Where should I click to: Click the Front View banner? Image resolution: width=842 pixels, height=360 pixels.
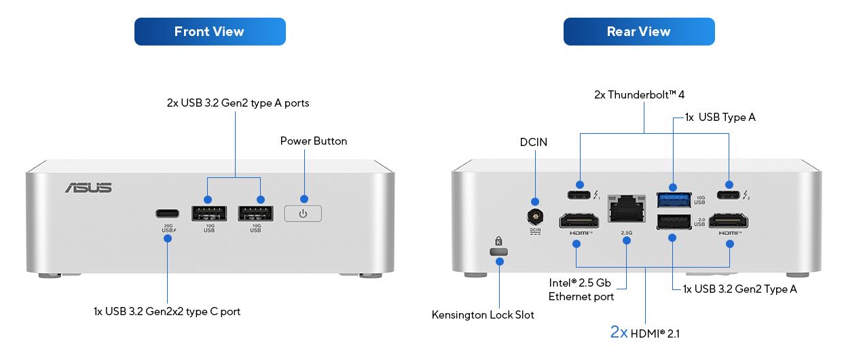[x=210, y=32]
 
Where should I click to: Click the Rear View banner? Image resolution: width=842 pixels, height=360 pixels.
[x=639, y=32]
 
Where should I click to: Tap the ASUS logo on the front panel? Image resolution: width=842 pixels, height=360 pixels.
[x=89, y=187]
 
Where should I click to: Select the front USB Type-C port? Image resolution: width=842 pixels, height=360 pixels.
[x=167, y=214]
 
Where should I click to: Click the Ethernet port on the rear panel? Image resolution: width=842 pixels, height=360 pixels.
[x=627, y=209]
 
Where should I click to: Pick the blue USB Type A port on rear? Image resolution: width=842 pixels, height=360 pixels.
[x=674, y=200]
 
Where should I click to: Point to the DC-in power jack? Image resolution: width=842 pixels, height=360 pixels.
[x=535, y=217]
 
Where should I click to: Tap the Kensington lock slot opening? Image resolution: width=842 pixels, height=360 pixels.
[x=499, y=252]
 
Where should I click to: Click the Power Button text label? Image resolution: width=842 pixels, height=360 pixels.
[x=314, y=141]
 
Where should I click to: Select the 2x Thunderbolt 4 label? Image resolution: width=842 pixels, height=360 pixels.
[x=639, y=95]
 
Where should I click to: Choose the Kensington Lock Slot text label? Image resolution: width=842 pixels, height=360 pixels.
[x=483, y=315]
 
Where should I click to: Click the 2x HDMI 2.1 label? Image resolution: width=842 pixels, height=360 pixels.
[x=645, y=333]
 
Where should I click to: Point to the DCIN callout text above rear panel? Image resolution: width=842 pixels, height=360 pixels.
[x=534, y=142]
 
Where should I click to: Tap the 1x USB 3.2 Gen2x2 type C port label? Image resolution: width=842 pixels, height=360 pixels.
[x=167, y=312]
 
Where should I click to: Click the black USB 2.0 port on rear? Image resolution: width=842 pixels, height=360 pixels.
[x=674, y=222]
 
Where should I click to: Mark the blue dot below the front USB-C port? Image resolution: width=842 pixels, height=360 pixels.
[x=168, y=238]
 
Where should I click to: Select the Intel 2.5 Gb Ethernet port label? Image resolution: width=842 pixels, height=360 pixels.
[x=581, y=289]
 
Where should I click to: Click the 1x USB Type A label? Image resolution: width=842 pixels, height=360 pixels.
[x=720, y=118]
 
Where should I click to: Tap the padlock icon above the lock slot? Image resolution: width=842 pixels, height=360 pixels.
[x=498, y=240]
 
